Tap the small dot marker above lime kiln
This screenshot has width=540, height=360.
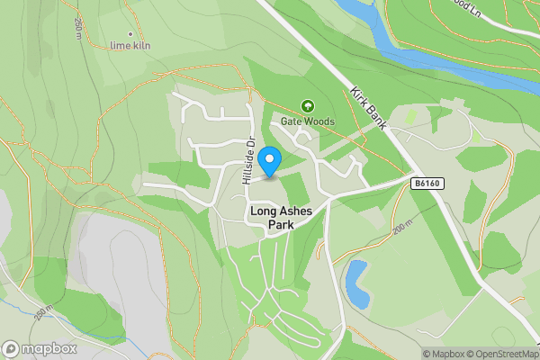click(x=131, y=34)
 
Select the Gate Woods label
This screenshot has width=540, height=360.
click(x=307, y=121)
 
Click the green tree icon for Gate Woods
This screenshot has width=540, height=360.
click(x=307, y=107)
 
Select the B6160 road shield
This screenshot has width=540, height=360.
click(x=428, y=183)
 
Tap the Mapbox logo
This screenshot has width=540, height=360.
click(x=39, y=348)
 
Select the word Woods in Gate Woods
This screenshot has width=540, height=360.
click(x=319, y=121)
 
